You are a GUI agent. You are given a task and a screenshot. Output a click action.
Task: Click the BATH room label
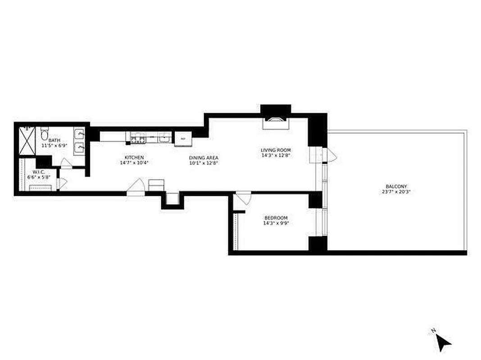point(54,140)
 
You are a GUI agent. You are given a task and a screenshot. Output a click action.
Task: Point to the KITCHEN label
point(134,157)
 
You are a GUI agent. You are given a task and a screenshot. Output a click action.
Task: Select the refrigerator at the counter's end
point(183,138)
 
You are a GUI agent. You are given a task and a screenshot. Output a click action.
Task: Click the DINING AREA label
point(204,157)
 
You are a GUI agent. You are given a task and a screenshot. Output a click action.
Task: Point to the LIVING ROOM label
point(276,150)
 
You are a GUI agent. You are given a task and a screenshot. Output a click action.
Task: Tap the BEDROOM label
point(276,218)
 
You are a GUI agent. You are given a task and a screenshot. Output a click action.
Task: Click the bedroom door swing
point(243,198)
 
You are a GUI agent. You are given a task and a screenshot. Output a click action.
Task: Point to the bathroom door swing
point(66,163)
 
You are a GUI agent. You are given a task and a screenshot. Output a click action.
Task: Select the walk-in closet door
point(62,184)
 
